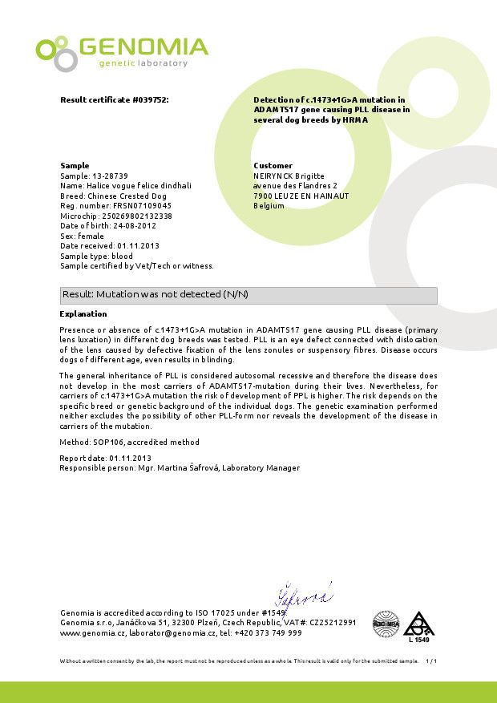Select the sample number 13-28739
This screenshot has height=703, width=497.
coord(109,175)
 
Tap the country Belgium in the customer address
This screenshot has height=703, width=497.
coord(269,206)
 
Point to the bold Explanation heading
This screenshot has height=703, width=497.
coord(83,314)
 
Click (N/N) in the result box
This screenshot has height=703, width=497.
coord(234,295)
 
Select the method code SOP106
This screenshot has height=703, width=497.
coord(103,442)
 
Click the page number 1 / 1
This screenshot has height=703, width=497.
coord(431,661)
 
